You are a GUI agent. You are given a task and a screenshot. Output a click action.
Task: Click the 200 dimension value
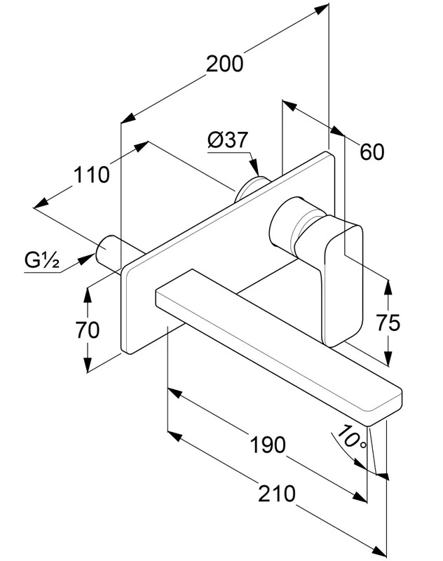click(224, 64)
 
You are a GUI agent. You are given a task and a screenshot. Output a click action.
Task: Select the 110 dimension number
click(92, 175)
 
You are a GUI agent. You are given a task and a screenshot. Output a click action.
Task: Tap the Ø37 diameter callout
click(227, 140)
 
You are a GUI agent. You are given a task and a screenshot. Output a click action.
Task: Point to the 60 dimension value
click(372, 151)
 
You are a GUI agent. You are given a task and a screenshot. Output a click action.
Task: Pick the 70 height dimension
click(87, 330)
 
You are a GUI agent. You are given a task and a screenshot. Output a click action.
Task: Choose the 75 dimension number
click(388, 323)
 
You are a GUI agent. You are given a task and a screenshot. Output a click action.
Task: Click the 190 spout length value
click(268, 445)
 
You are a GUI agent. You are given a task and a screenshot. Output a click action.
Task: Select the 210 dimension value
click(277, 494)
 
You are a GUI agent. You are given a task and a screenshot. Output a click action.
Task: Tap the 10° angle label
click(352, 436)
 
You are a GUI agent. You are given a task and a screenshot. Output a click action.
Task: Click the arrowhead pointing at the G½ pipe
click(88, 258)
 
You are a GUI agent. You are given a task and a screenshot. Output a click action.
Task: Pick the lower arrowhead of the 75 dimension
click(388, 357)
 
